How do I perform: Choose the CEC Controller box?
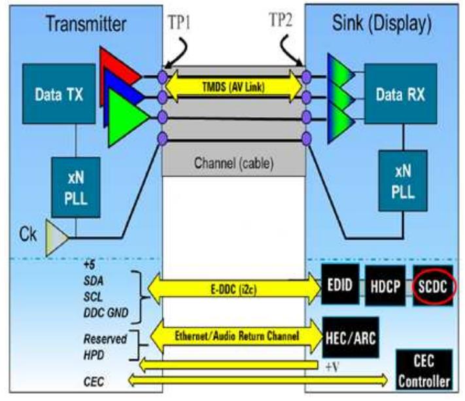pos(428,369)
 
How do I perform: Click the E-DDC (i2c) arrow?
pos(233,287)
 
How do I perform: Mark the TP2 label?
pos(284,21)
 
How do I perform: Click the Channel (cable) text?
pos(233,162)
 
